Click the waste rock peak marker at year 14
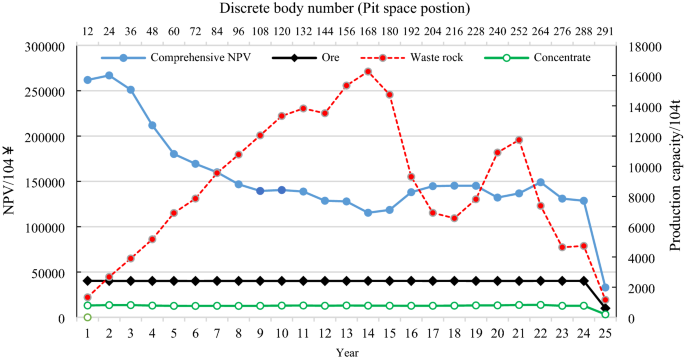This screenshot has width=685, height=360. [368, 71]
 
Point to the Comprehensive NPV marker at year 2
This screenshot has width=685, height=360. [109, 75]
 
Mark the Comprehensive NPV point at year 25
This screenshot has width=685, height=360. [605, 287]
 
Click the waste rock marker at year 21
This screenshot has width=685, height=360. [519, 140]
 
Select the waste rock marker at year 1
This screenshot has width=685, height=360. [87, 297]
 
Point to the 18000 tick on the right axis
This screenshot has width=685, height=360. [637, 45]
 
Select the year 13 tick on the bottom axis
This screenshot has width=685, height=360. [346, 333]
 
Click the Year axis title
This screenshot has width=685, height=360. [346, 352]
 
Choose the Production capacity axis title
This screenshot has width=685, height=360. [673, 181]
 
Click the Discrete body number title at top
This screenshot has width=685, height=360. [345, 9]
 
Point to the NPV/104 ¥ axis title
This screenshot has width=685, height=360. [9, 181]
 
